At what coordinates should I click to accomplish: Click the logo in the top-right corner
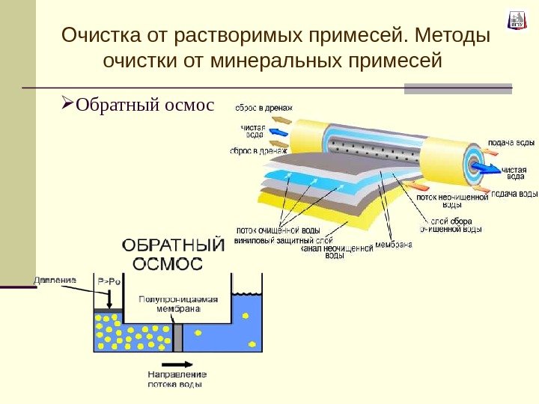tap(517, 20)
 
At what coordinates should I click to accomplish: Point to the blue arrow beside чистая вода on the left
tap(278, 132)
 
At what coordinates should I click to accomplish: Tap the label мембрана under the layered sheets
tap(395, 243)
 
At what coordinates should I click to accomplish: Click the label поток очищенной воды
tap(278, 230)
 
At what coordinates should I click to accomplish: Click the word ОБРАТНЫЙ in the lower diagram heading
tap(173, 246)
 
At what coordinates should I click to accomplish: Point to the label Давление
tap(55, 280)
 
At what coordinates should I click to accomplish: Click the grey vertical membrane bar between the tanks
tap(177, 337)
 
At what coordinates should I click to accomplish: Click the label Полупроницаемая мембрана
tap(177, 302)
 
